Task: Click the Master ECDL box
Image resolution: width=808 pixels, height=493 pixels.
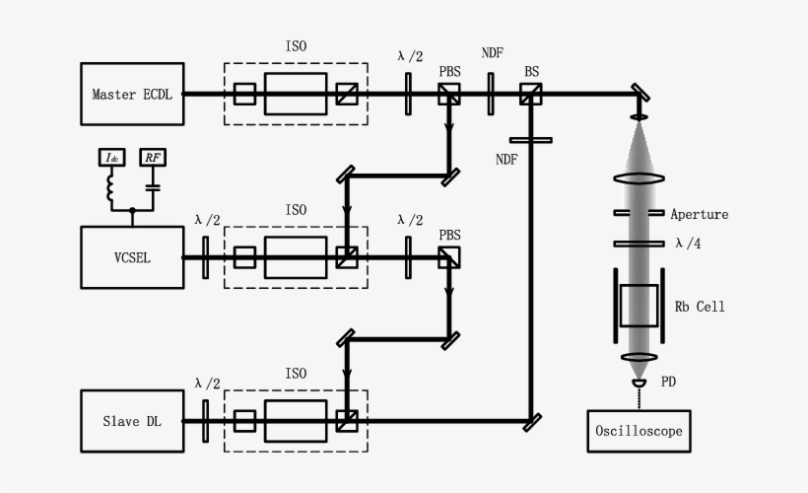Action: pos(132,95)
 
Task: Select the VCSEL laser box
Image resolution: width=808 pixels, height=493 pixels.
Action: pos(132,257)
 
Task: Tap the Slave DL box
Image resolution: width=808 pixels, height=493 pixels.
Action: pos(132,421)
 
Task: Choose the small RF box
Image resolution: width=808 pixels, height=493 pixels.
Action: pos(152,158)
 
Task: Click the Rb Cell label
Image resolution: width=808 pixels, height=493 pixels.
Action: pos(700,307)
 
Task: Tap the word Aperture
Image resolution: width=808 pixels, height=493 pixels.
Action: pos(700,214)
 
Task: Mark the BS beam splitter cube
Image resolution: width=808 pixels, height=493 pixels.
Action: pos(531,94)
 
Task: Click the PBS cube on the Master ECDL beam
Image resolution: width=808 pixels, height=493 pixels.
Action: pos(448,94)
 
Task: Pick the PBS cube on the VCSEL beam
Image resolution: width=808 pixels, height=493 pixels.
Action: pos(448,257)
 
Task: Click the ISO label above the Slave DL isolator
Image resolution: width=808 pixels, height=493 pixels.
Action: pos(296,374)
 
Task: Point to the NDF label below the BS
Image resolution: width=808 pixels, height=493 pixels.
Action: pos(506,158)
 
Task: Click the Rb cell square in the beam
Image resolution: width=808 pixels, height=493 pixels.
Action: pos(639,306)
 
